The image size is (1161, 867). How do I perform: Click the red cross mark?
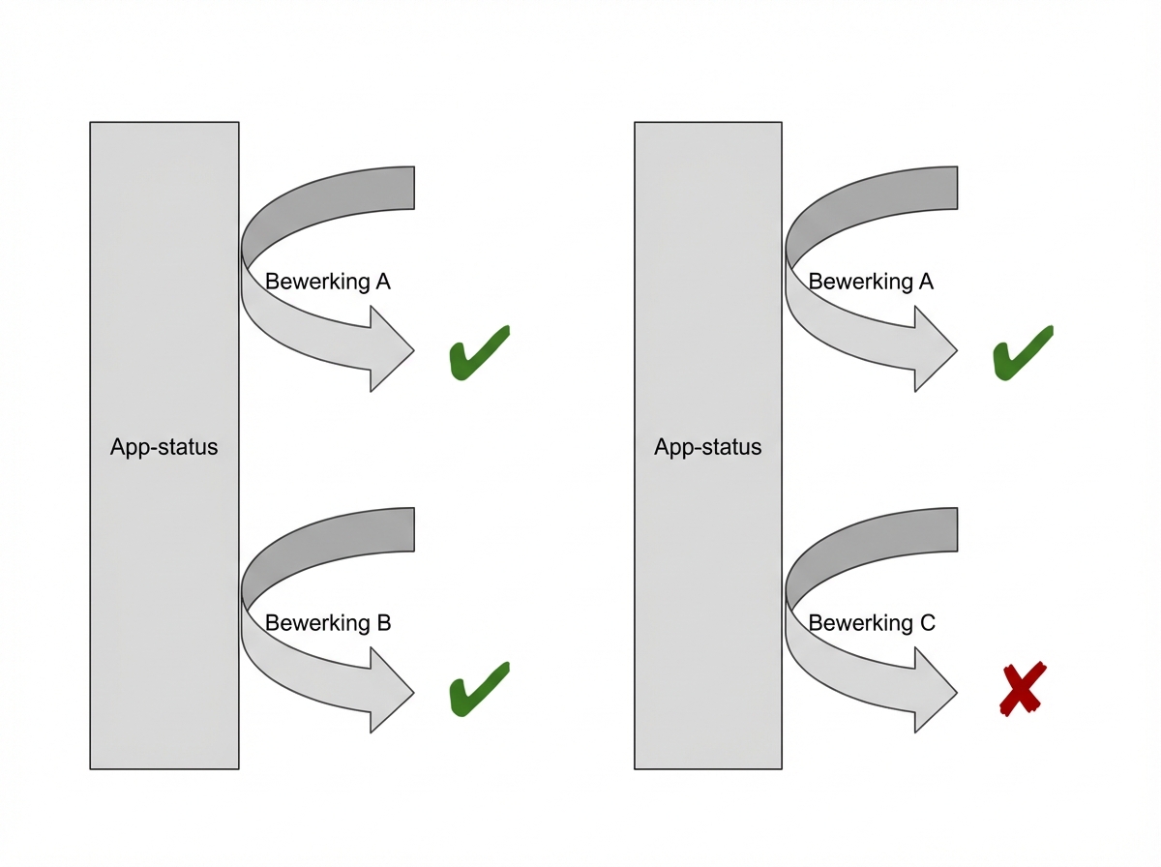point(1022,689)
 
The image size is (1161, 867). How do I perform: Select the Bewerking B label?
point(328,623)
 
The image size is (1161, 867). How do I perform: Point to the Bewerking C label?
point(872,623)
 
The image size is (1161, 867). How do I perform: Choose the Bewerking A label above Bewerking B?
point(328,282)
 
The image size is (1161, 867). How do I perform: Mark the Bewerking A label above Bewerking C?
point(872,282)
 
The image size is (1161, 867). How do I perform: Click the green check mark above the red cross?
point(1022,351)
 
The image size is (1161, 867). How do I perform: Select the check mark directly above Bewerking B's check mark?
point(478,351)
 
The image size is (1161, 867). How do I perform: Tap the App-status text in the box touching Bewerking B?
point(164,447)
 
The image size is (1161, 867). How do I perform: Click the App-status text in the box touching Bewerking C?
point(708,447)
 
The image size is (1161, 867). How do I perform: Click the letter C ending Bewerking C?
point(928,623)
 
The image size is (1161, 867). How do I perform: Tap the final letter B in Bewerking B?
point(384,623)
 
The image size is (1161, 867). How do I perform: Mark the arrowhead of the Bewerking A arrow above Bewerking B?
point(392,350)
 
